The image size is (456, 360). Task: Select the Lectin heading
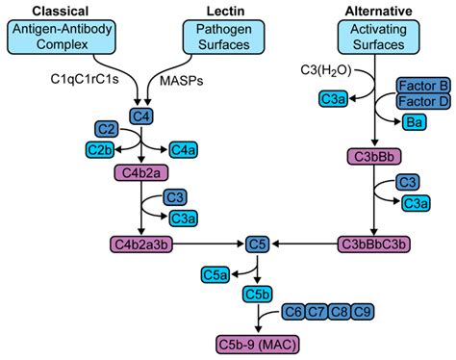pyautogui.click(x=223, y=10)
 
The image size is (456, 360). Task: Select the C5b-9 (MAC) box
pyautogui.click(x=255, y=342)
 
